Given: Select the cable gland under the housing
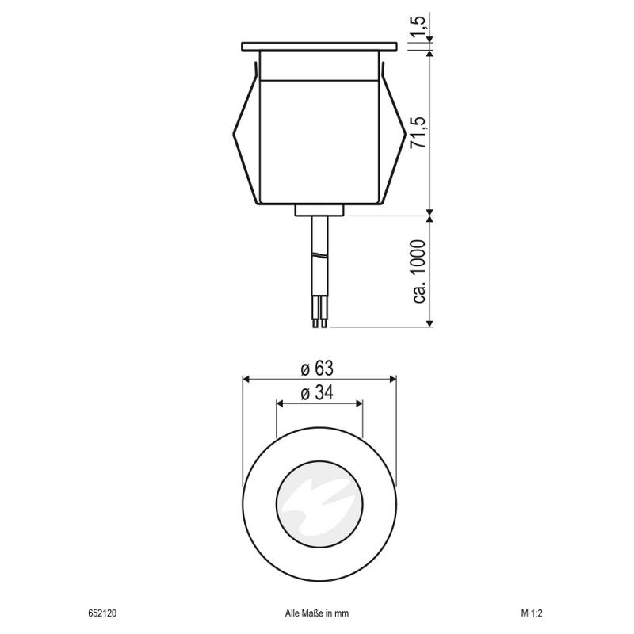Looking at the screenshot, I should tap(319, 211).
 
